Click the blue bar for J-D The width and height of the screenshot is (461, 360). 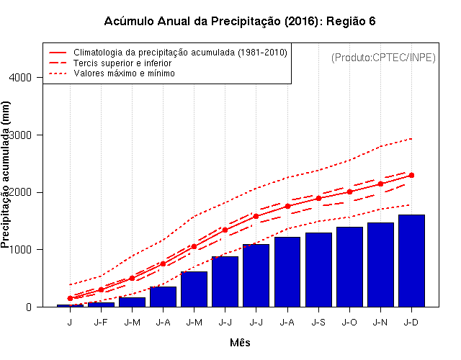[x=411, y=261]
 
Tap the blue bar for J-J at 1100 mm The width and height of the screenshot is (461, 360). [x=256, y=275]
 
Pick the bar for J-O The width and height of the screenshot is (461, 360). [x=349, y=266]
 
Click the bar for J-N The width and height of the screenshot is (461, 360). [x=380, y=264]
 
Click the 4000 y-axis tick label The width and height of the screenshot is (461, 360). [x=27, y=77]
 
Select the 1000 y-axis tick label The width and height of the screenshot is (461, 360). [x=27, y=250]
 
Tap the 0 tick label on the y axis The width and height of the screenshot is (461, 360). [x=34, y=307]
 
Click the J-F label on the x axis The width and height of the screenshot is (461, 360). [x=101, y=323]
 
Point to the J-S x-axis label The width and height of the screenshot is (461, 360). [x=318, y=323]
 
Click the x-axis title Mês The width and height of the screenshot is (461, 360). [x=240, y=343]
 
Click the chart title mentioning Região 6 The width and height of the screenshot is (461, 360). [x=240, y=22]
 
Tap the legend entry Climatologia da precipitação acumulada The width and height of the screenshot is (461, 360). [x=180, y=53]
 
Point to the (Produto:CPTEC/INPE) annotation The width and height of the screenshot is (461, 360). [x=383, y=57]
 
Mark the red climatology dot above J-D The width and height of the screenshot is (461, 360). [x=411, y=175]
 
